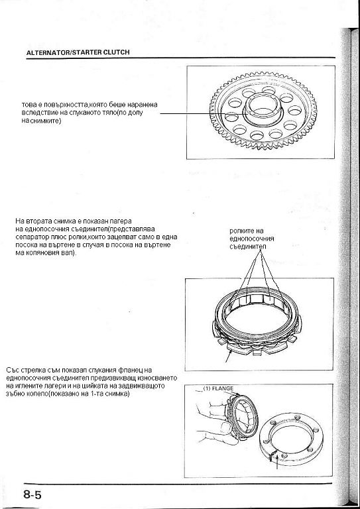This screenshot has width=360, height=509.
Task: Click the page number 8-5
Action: tap(32, 495)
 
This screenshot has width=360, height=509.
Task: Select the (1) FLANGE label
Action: tap(218, 388)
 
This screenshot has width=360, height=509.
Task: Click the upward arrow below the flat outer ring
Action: tap(276, 461)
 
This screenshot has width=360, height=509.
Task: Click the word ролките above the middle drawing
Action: tap(242, 231)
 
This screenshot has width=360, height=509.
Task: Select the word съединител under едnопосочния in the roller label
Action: tap(248, 247)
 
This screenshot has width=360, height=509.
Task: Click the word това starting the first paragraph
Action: tap(29, 105)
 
